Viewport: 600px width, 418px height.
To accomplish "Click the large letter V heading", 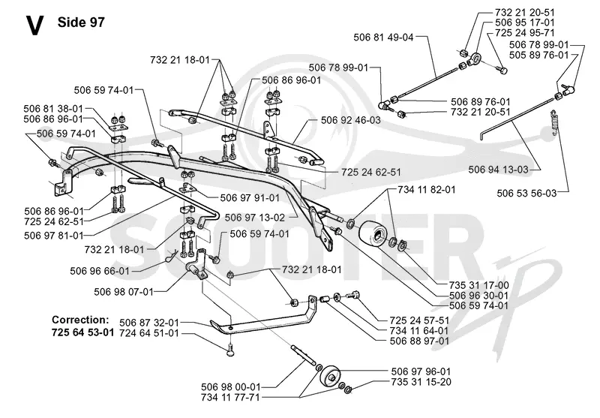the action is pos(34,26).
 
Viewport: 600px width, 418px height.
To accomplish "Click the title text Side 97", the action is pos(81,23).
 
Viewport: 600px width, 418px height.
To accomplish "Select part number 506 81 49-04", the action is pos(383,37).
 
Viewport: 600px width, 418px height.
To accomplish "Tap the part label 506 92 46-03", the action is pos(350,120).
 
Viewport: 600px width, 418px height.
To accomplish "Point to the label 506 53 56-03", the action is pos(526,194).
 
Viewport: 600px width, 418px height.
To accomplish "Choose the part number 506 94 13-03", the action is pos(498,170).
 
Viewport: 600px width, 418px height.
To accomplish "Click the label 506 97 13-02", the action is pos(255,218).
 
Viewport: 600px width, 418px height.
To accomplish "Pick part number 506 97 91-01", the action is pos(250,198).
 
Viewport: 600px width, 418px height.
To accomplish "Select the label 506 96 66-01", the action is pos(100,271).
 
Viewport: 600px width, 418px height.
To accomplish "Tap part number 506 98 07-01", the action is pos(124,292).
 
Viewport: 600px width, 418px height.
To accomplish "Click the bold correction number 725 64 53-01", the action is pos(83,332).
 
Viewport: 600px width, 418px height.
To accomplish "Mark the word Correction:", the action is pos(80,320).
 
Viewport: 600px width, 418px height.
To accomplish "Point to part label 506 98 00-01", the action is pos(231,387).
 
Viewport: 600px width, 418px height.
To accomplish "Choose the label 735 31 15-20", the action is pos(421,382).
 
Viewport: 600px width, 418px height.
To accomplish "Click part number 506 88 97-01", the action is pos(419,341).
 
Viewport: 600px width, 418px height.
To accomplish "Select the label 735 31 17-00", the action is pos(479,286).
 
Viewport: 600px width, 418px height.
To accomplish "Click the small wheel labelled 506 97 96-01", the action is pos(330,376).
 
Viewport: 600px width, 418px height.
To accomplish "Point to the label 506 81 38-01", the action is pos(53,109).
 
